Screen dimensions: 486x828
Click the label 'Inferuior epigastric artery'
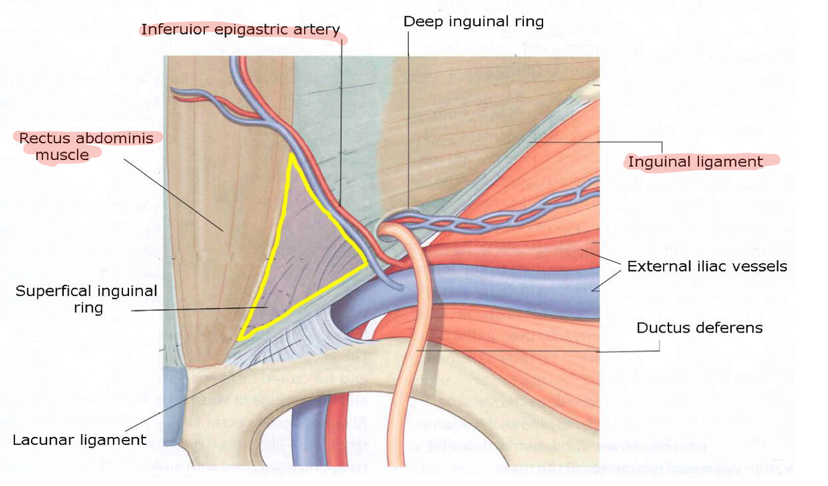(x=240, y=29)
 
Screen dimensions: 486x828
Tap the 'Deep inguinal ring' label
(x=474, y=22)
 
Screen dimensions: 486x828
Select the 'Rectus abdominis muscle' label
(x=86, y=146)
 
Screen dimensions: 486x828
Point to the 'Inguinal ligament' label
(x=695, y=162)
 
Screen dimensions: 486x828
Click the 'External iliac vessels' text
(x=707, y=266)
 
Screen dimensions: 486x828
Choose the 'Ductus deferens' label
(x=700, y=327)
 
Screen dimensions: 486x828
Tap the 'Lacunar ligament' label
(x=79, y=440)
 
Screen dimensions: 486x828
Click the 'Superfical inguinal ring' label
(x=86, y=299)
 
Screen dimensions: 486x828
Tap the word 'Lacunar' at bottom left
(x=43, y=440)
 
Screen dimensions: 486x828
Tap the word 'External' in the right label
(x=656, y=266)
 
